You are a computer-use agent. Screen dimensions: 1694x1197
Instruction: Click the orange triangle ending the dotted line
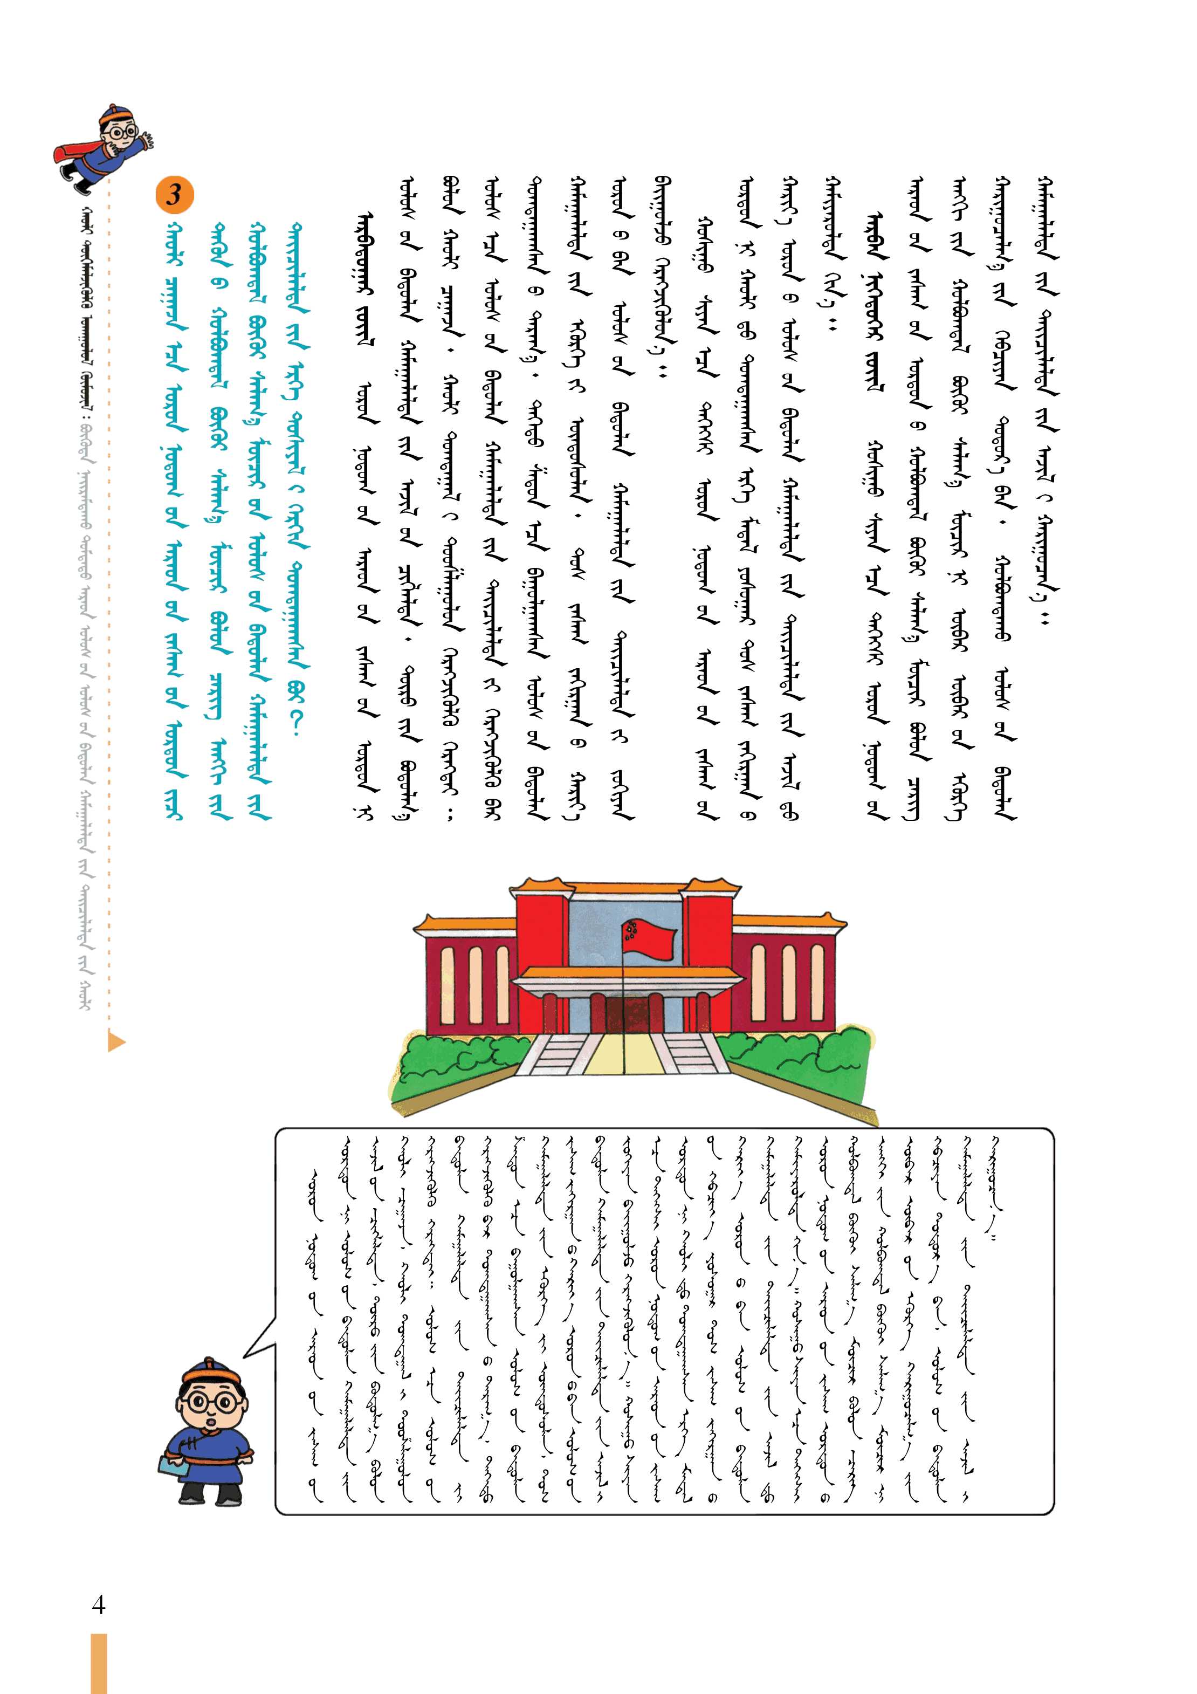coord(116,1042)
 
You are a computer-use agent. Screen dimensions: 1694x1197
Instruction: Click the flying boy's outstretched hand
coord(148,140)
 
